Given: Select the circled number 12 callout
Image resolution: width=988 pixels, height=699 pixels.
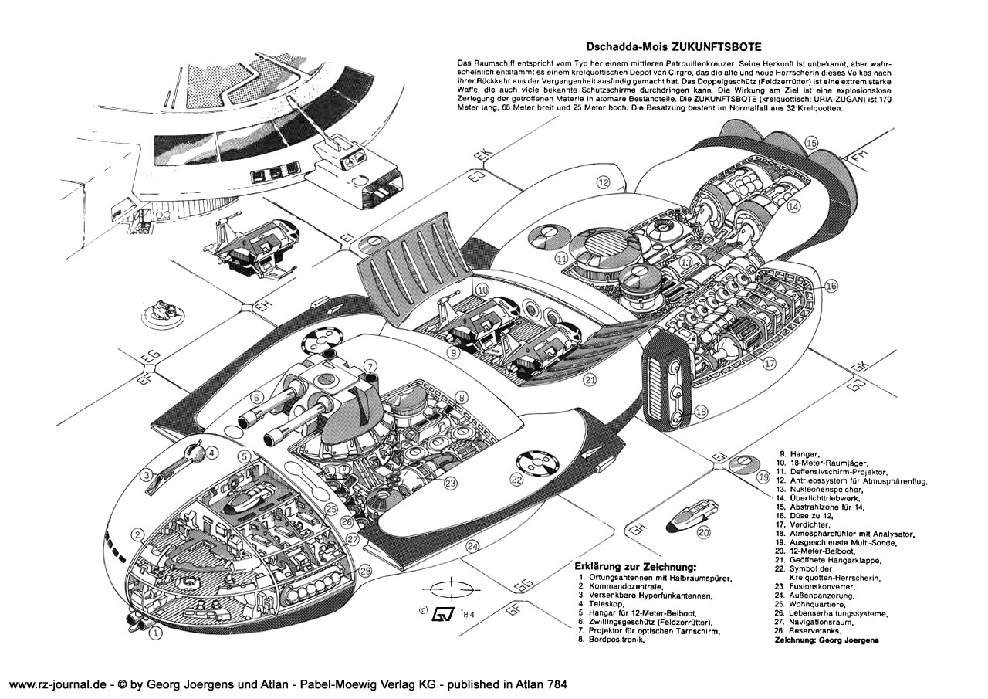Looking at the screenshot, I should (x=603, y=182).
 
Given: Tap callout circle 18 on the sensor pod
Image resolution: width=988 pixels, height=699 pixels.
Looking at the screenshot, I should (x=700, y=412).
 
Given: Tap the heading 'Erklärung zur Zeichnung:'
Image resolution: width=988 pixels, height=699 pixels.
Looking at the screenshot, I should (x=631, y=565).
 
